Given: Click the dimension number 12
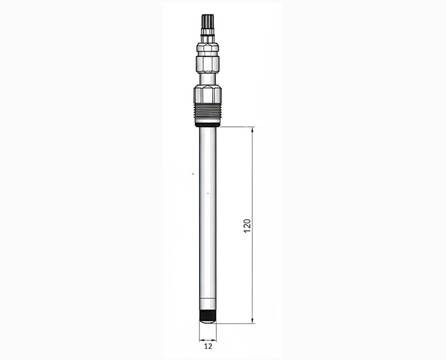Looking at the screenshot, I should (208, 347).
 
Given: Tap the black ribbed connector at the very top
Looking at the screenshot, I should (207, 22).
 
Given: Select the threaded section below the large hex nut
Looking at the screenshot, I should (207, 112).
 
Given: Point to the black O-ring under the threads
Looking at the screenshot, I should (207, 125).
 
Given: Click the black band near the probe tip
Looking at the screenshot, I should (207, 315).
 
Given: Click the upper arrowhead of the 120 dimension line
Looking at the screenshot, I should (253, 130).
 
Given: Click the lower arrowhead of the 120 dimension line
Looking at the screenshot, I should (253, 320).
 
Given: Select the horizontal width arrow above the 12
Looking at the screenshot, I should (207, 340).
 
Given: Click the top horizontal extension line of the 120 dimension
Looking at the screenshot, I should (236, 127).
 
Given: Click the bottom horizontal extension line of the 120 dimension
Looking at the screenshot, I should (236, 323).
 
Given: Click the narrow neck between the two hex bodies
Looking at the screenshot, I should (207, 79).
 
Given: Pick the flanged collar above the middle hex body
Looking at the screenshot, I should (207, 48).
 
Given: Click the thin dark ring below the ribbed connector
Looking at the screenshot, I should (207, 35).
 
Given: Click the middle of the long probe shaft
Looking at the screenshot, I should (207, 215).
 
